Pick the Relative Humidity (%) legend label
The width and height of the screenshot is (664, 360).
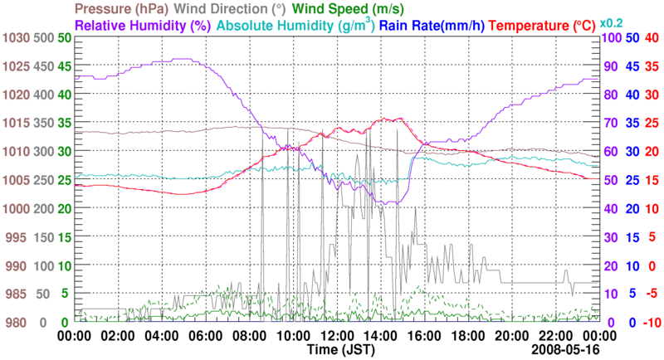[x=141, y=26]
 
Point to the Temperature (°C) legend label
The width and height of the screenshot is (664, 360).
[x=539, y=26]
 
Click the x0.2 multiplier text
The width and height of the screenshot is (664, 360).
[x=612, y=22]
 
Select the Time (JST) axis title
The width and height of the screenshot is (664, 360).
[x=337, y=351]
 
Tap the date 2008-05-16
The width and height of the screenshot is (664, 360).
[x=564, y=351]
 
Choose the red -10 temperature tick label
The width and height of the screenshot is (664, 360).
[x=652, y=322]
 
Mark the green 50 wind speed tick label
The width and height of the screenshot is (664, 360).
[x=64, y=38]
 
